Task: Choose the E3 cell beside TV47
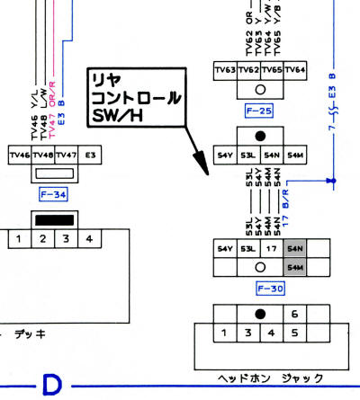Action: pos(89,156)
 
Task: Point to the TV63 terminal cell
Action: pos(224,70)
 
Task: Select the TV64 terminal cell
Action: pos(295,70)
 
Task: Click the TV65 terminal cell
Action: pos(272,70)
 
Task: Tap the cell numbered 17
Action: pos(271,248)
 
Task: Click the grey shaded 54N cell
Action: pos(294,248)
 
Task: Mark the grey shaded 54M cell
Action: pos(294,268)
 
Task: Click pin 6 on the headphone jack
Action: pos(295,315)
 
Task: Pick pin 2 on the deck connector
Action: pos(41,238)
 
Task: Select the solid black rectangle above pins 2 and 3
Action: pos(53,219)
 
